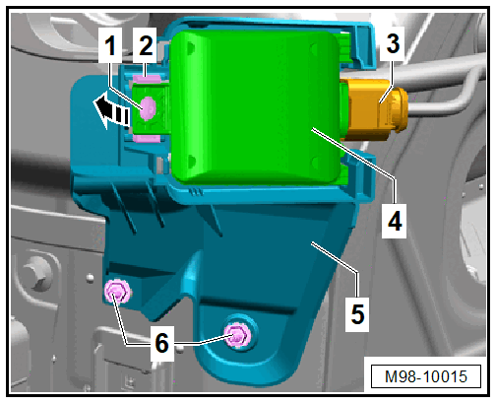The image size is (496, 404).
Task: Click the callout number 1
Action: point(110,45)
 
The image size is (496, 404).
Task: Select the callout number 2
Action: point(146,45)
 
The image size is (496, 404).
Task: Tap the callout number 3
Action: point(393,43)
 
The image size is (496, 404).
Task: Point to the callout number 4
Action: point(395,221)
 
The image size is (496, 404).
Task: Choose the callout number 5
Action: point(357,314)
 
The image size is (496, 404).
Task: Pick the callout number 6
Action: point(161,343)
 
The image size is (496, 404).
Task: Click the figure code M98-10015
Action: point(426,376)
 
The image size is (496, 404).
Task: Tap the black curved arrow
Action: point(110,111)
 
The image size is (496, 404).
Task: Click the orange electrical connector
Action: point(374,109)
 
